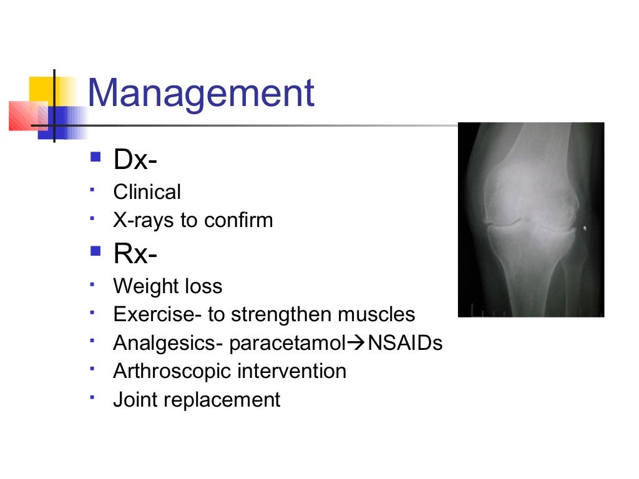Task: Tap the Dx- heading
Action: (135, 160)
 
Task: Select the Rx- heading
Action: (135, 253)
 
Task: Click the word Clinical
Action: (147, 192)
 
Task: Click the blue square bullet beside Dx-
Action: (95, 157)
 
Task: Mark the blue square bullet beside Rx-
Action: (95, 251)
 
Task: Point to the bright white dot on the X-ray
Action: (585, 229)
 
